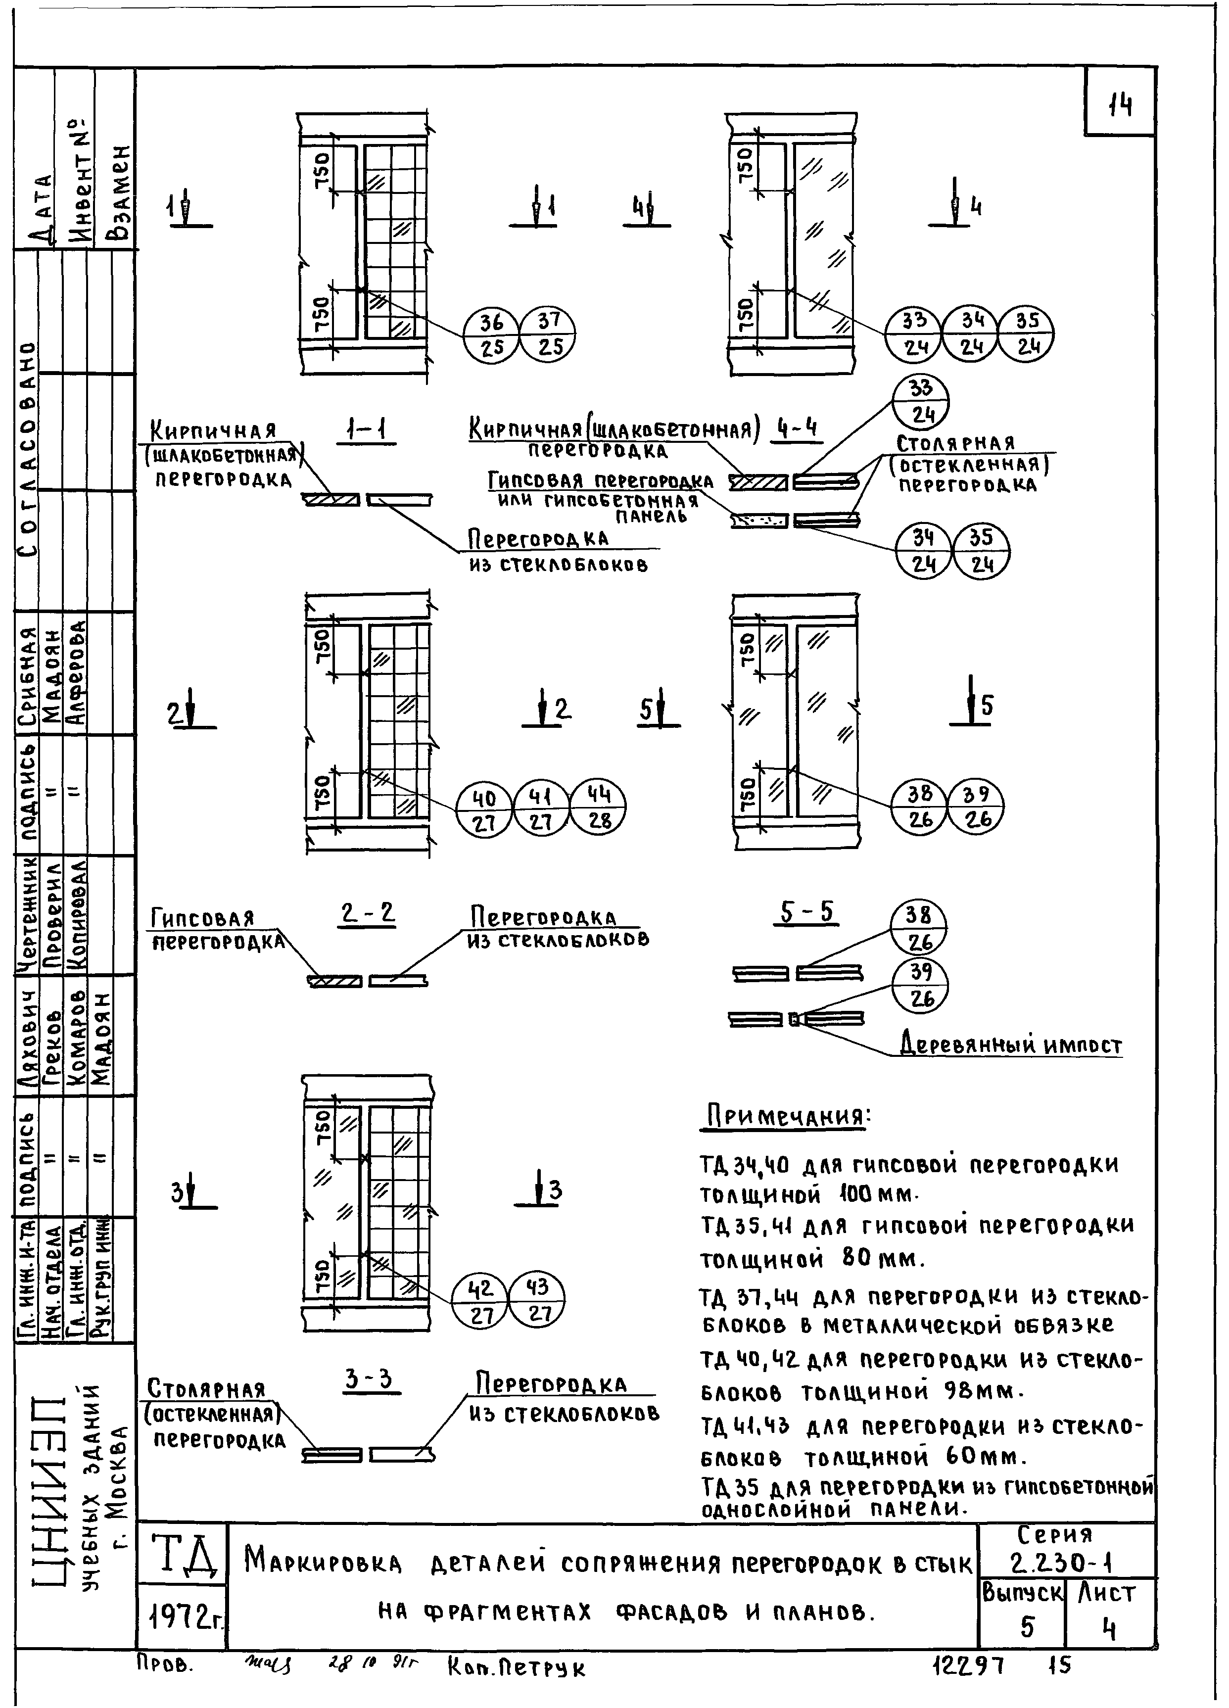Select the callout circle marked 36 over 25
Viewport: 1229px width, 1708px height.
[x=491, y=334]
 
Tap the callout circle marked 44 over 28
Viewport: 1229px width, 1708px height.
[x=599, y=807]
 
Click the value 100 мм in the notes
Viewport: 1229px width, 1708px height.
[x=875, y=1194]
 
